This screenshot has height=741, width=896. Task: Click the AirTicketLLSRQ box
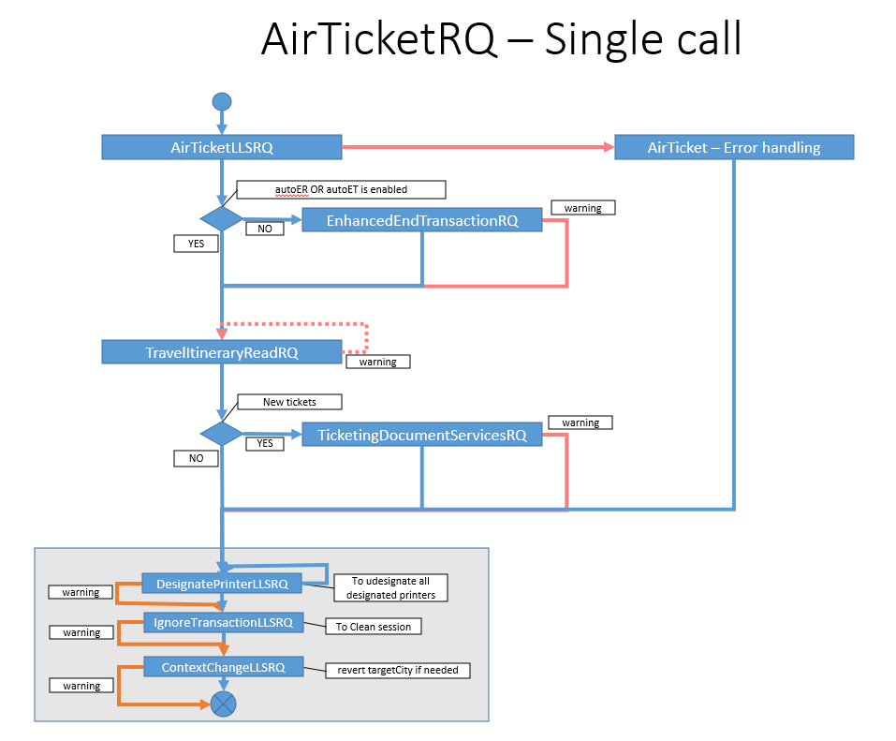(x=222, y=147)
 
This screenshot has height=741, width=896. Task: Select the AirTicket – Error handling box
(x=734, y=147)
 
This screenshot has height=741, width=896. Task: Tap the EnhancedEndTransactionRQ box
(x=421, y=220)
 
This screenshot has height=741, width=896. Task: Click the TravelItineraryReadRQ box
(x=222, y=352)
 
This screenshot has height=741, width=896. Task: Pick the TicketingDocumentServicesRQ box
(x=421, y=435)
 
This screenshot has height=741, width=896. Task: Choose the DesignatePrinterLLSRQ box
(x=222, y=584)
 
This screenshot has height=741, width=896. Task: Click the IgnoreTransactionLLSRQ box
(x=224, y=622)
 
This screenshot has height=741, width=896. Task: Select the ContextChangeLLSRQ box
(x=224, y=667)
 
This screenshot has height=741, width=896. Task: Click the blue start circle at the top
(x=222, y=102)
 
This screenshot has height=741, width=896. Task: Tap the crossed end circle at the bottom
(x=223, y=704)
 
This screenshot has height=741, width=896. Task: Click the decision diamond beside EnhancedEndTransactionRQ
(x=222, y=219)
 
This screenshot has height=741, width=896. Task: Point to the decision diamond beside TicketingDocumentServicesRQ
(x=222, y=434)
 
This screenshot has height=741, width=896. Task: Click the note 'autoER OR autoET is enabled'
(x=341, y=189)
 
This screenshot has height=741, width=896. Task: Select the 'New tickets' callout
(x=289, y=402)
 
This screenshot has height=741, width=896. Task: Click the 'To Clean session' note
(x=374, y=627)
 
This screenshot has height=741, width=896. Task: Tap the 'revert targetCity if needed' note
(x=398, y=670)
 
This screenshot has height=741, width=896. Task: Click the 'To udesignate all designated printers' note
(x=390, y=587)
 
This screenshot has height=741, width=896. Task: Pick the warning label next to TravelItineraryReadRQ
(x=377, y=362)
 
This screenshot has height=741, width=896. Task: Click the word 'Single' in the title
(x=604, y=40)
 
